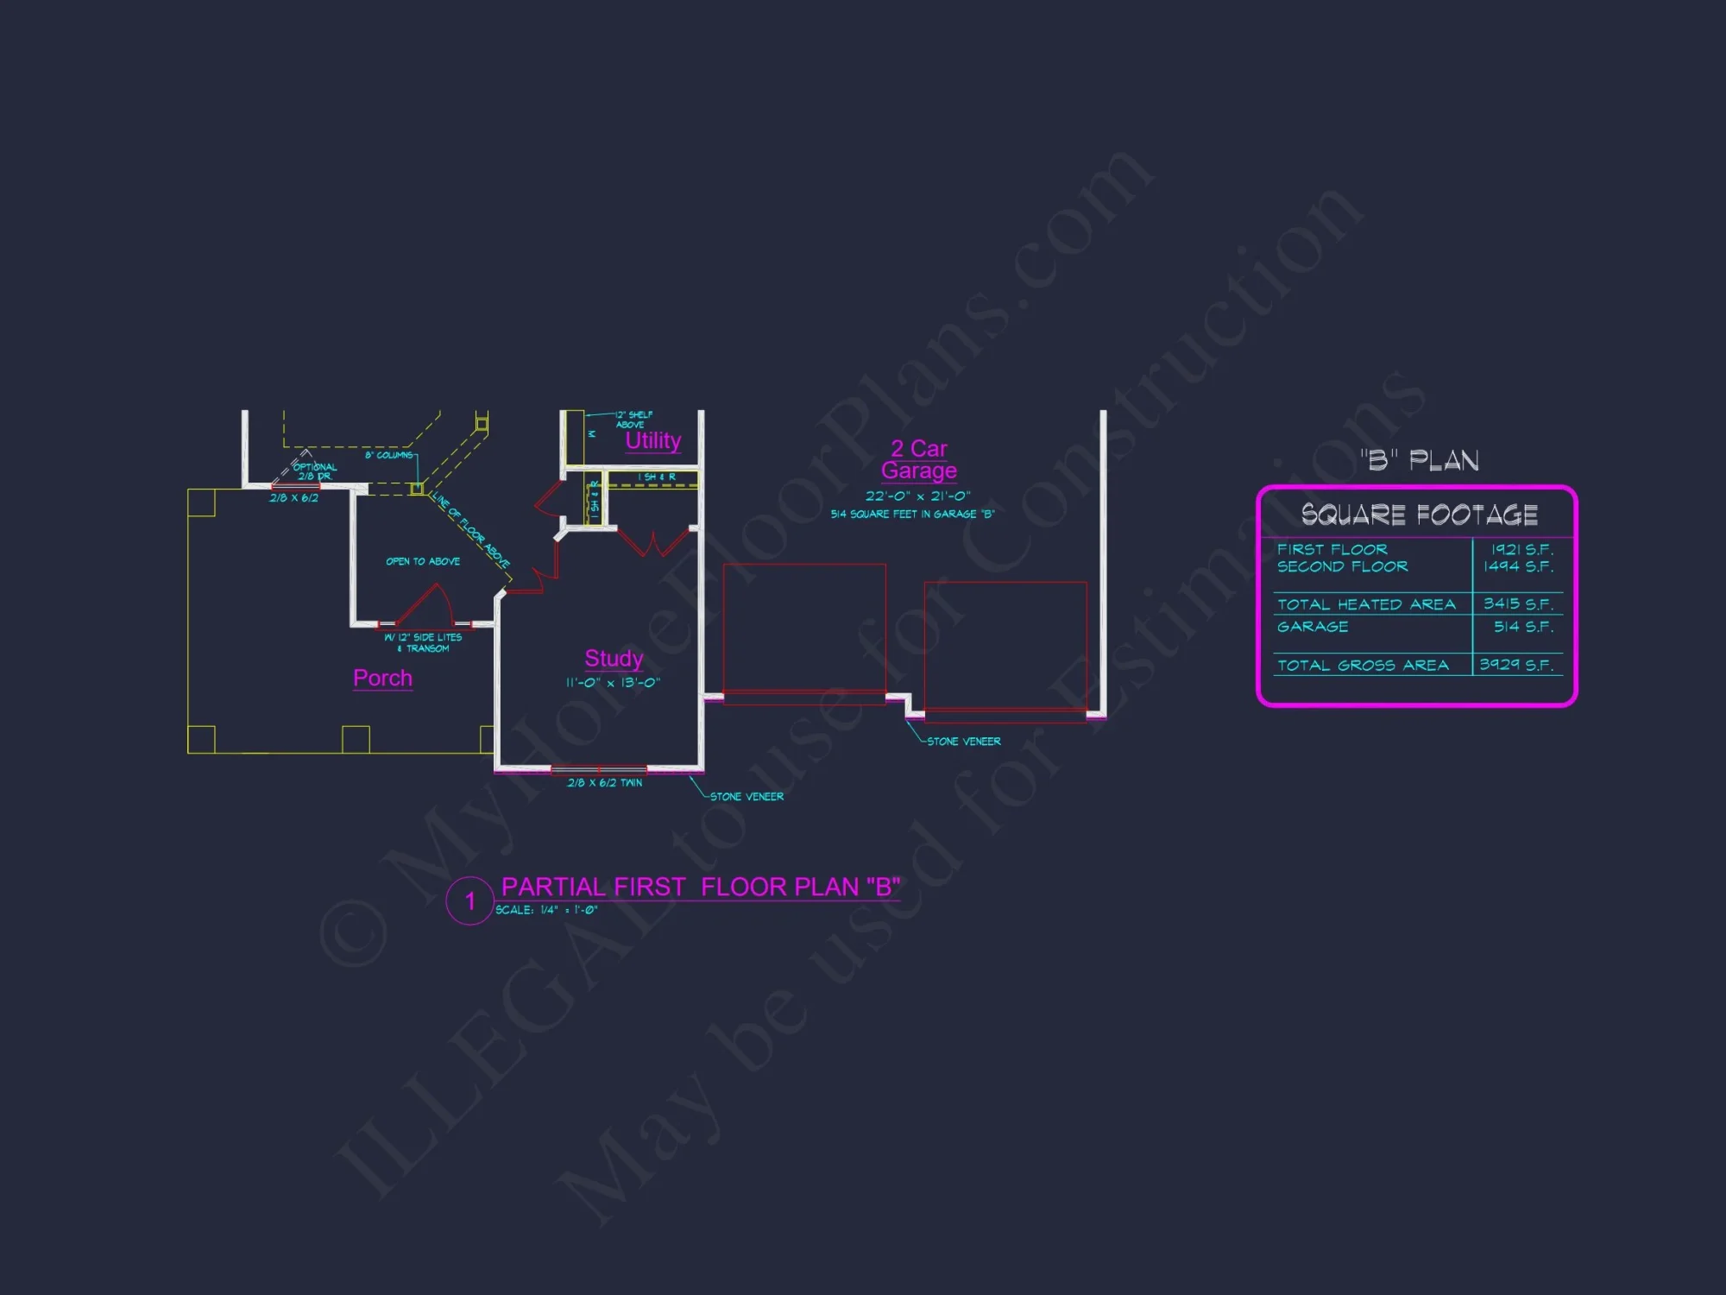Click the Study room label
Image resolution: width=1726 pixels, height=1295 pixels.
click(614, 659)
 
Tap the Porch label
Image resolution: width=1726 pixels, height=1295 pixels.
click(382, 678)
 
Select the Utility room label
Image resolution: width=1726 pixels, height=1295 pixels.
click(653, 440)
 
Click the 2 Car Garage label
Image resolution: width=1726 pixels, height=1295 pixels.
click(919, 459)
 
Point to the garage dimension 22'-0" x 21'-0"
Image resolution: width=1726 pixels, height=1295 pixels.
click(918, 496)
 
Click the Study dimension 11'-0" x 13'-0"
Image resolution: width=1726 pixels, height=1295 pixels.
click(613, 683)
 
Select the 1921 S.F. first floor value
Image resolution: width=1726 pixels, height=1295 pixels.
click(1522, 549)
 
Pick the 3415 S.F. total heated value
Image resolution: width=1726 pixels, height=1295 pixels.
click(1518, 603)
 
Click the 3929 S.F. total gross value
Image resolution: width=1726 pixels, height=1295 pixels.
click(1516, 665)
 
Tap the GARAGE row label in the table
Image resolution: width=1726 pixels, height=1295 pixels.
click(1313, 627)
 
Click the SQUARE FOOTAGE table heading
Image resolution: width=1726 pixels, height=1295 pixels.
click(1419, 515)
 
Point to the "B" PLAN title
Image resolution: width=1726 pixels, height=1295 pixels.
click(1420, 460)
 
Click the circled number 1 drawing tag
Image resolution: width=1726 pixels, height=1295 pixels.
click(469, 901)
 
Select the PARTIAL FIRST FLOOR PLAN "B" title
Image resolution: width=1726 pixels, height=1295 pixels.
click(701, 887)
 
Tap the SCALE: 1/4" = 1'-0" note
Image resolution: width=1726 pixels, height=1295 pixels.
click(546, 910)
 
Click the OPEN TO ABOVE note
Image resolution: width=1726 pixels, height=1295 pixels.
click(423, 561)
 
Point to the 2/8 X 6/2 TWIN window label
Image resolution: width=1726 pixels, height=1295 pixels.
click(604, 783)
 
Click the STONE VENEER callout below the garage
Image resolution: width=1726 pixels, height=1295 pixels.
click(963, 742)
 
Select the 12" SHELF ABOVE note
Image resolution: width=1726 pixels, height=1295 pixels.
click(633, 420)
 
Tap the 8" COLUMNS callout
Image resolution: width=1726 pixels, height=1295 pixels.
click(388, 455)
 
